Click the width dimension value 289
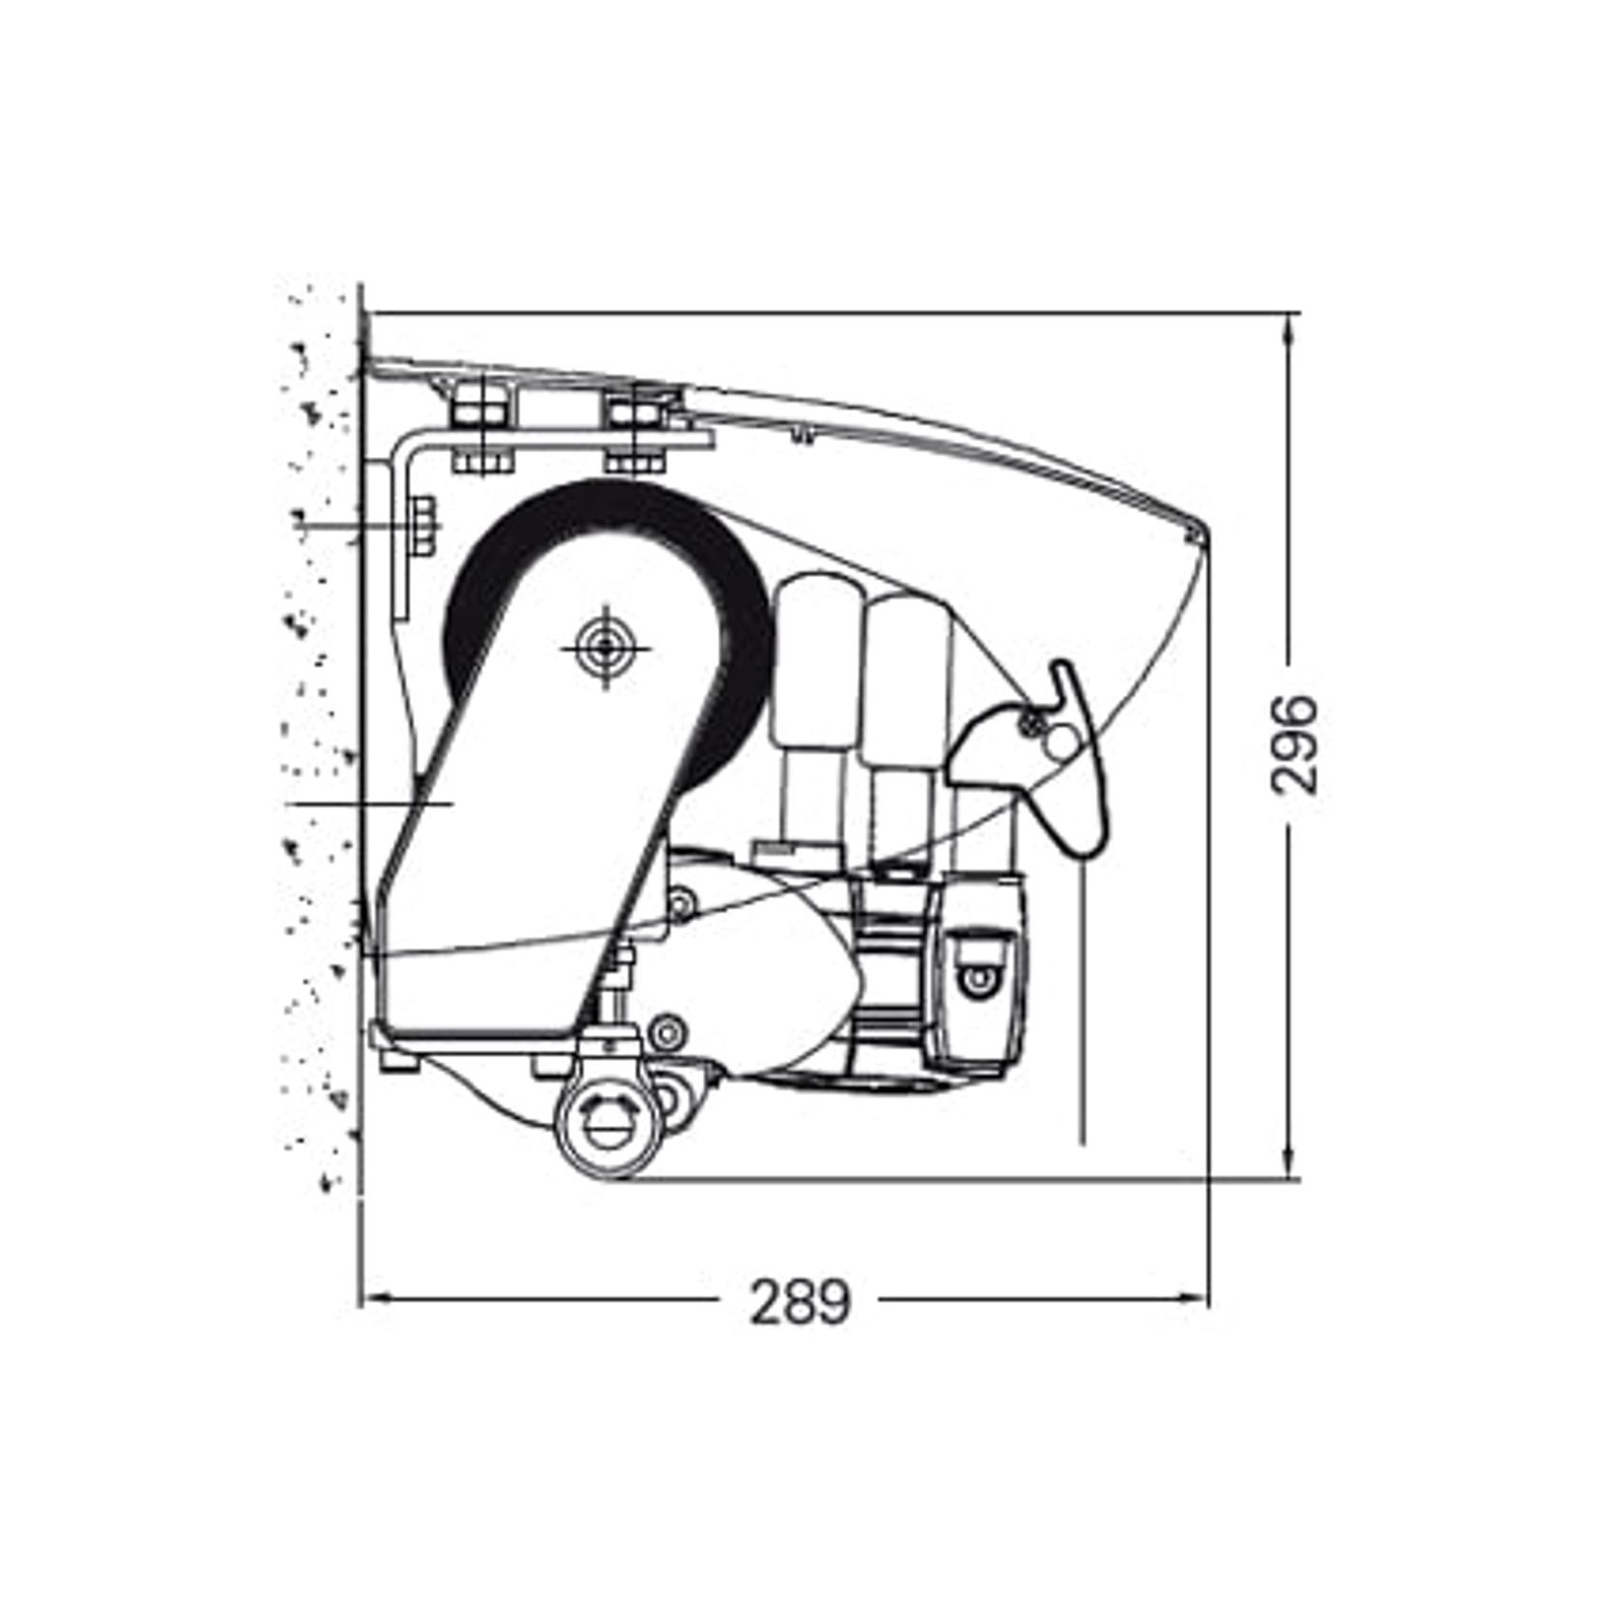(x=801, y=1301)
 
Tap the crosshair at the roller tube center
(x=605, y=648)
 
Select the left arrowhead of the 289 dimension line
(x=372, y=1300)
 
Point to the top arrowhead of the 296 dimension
(x=1288, y=327)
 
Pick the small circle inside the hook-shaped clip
(x=1060, y=742)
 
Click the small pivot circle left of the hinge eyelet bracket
(x=666, y=1032)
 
